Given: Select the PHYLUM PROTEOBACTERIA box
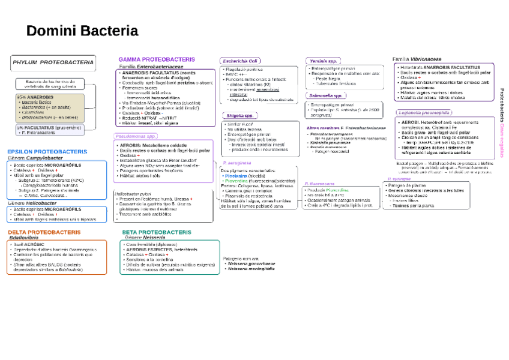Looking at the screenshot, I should coord(53,62).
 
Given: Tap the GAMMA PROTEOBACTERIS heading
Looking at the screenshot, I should coord(157,59).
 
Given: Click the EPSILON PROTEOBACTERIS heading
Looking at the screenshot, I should coord(47,152).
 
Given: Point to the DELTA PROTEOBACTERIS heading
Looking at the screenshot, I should coord(44,232).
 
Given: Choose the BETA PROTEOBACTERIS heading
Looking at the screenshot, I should coord(157,232).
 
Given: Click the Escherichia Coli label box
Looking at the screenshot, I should coord(239,61).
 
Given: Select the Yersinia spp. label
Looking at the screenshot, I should coord(324,61).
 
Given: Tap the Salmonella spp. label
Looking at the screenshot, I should coord(326,95).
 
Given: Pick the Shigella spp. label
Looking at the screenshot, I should coord(240,115).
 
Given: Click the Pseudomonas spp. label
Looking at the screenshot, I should coord(136,136).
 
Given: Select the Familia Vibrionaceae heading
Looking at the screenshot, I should coord(417,59).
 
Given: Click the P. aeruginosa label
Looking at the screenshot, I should coord(236,163).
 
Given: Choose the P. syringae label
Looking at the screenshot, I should coord(399,179).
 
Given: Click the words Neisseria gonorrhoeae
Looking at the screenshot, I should coord(251,263).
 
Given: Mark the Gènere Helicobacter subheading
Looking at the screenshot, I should coord(32,203).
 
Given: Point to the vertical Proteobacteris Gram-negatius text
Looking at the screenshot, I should coord(502,123).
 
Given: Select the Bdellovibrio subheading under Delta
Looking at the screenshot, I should coord(24,238).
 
